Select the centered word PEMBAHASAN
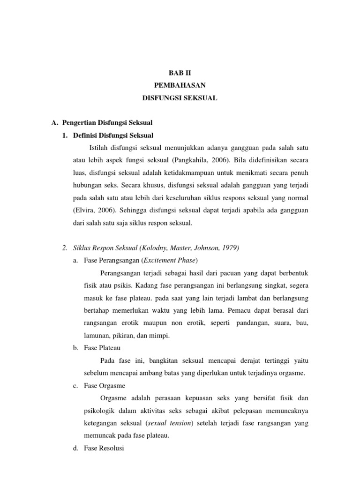[x=180, y=86]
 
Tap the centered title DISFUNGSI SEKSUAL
[x=180, y=98]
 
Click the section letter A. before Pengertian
[x=54, y=123]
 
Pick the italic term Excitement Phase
[x=172, y=260]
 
